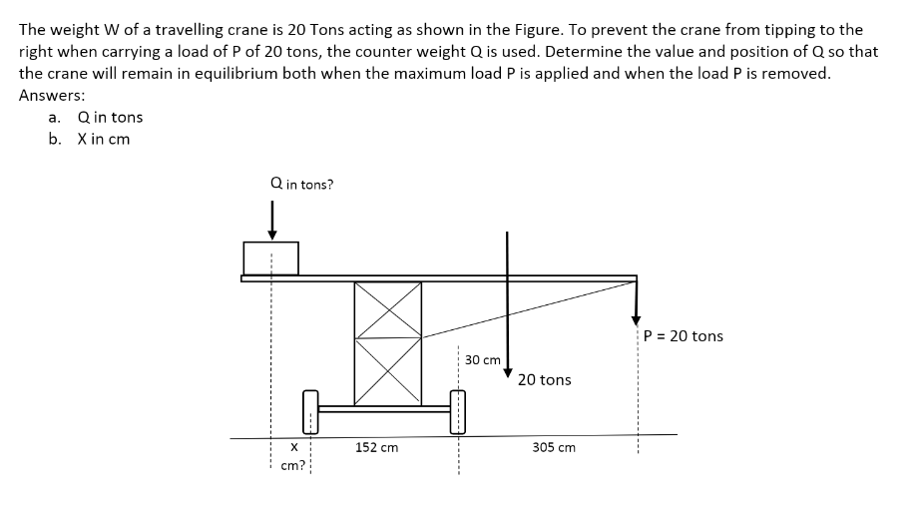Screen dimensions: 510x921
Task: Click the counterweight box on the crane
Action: [270, 257]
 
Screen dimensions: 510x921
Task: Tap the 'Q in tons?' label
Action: [301, 184]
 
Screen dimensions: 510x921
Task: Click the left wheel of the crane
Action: [309, 411]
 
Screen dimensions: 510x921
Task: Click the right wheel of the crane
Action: [458, 410]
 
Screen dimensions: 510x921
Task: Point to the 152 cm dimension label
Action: [376, 448]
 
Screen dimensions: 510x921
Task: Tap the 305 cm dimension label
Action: [554, 448]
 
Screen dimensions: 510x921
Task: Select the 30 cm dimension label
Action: [483, 359]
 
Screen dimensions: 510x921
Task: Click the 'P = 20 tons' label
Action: [684, 336]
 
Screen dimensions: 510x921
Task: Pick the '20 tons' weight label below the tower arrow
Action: [545, 380]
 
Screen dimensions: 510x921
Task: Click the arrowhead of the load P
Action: [637, 319]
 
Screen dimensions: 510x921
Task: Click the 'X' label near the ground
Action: [292, 448]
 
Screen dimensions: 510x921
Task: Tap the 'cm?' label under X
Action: [292, 466]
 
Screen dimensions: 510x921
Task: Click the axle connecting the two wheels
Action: [384, 408]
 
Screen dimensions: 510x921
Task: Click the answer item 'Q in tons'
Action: [109, 117]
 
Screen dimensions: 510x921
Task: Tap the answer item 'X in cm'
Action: [103, 139]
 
